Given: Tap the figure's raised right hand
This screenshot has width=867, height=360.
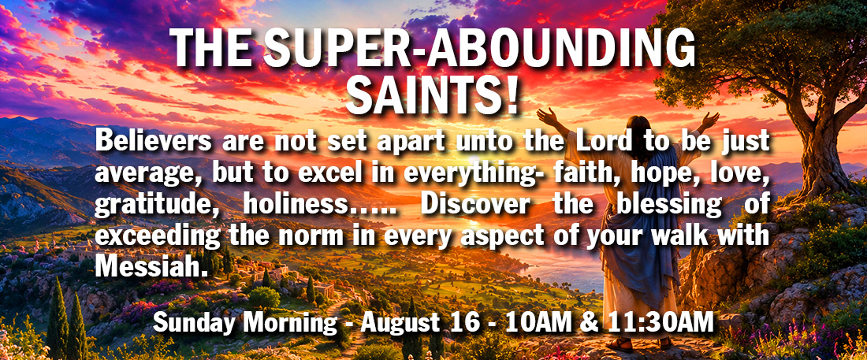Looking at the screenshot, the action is point(709,121).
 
